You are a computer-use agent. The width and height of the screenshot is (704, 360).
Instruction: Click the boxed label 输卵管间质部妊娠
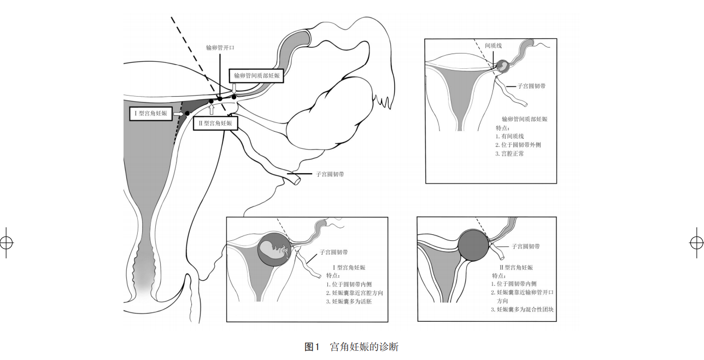[256, 76]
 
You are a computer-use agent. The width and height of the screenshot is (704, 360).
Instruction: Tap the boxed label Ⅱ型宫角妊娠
[215, 123]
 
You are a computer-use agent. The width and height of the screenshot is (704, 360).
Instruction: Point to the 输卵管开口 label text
[220, 48]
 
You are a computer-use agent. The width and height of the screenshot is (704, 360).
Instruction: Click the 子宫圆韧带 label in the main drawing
[330, 174]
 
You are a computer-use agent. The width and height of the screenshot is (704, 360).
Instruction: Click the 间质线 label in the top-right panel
[493, 46]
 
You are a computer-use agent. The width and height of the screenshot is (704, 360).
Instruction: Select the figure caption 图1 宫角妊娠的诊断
[351, 347]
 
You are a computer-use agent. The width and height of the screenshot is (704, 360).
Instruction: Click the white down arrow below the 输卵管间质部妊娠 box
[234, 88]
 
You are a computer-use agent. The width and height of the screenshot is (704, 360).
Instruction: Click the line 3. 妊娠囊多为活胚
[352, 301]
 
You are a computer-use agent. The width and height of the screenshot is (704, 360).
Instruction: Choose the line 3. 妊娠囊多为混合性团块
[523, 310]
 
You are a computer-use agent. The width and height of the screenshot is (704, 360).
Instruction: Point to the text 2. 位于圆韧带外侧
[518, 145]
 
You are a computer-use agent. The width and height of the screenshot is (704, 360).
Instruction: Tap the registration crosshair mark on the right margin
[696, 242]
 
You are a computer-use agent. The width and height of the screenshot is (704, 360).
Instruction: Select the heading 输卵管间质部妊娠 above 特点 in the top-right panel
[524, 119]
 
